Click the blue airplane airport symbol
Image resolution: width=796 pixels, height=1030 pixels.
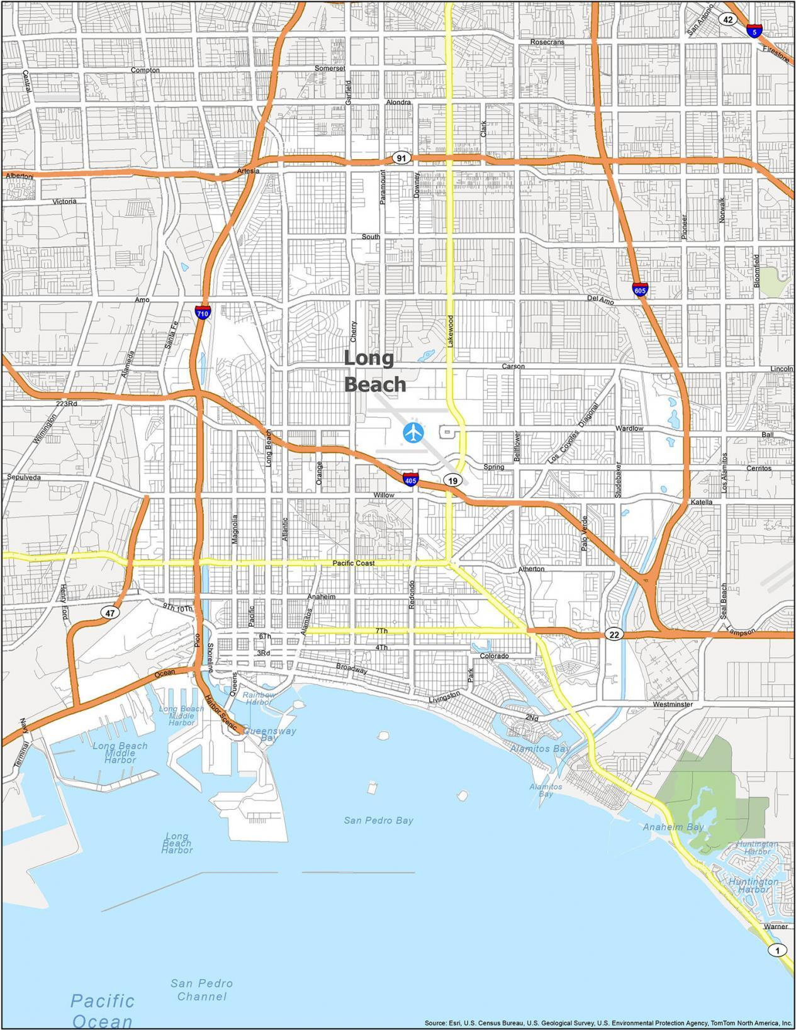413,432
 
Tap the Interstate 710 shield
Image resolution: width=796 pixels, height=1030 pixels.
202,311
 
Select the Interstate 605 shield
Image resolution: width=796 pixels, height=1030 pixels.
640,290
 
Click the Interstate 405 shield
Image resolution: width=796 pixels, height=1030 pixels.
410,479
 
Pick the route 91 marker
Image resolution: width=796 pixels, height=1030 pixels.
401,158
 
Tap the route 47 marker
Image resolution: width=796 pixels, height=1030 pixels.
110,612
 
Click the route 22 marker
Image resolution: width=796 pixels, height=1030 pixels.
614,634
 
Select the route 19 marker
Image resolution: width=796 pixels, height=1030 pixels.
452,481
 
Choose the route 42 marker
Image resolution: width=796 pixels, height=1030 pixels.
728,19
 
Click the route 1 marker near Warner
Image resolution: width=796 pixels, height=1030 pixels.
778,950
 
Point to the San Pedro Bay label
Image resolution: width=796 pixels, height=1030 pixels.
378,820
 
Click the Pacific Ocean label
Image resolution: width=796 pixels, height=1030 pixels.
103,1009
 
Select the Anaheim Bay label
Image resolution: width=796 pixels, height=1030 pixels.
673,827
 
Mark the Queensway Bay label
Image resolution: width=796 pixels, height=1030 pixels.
269,734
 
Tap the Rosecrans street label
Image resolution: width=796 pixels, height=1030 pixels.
547,42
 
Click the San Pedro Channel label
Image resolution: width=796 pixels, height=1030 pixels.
201,989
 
